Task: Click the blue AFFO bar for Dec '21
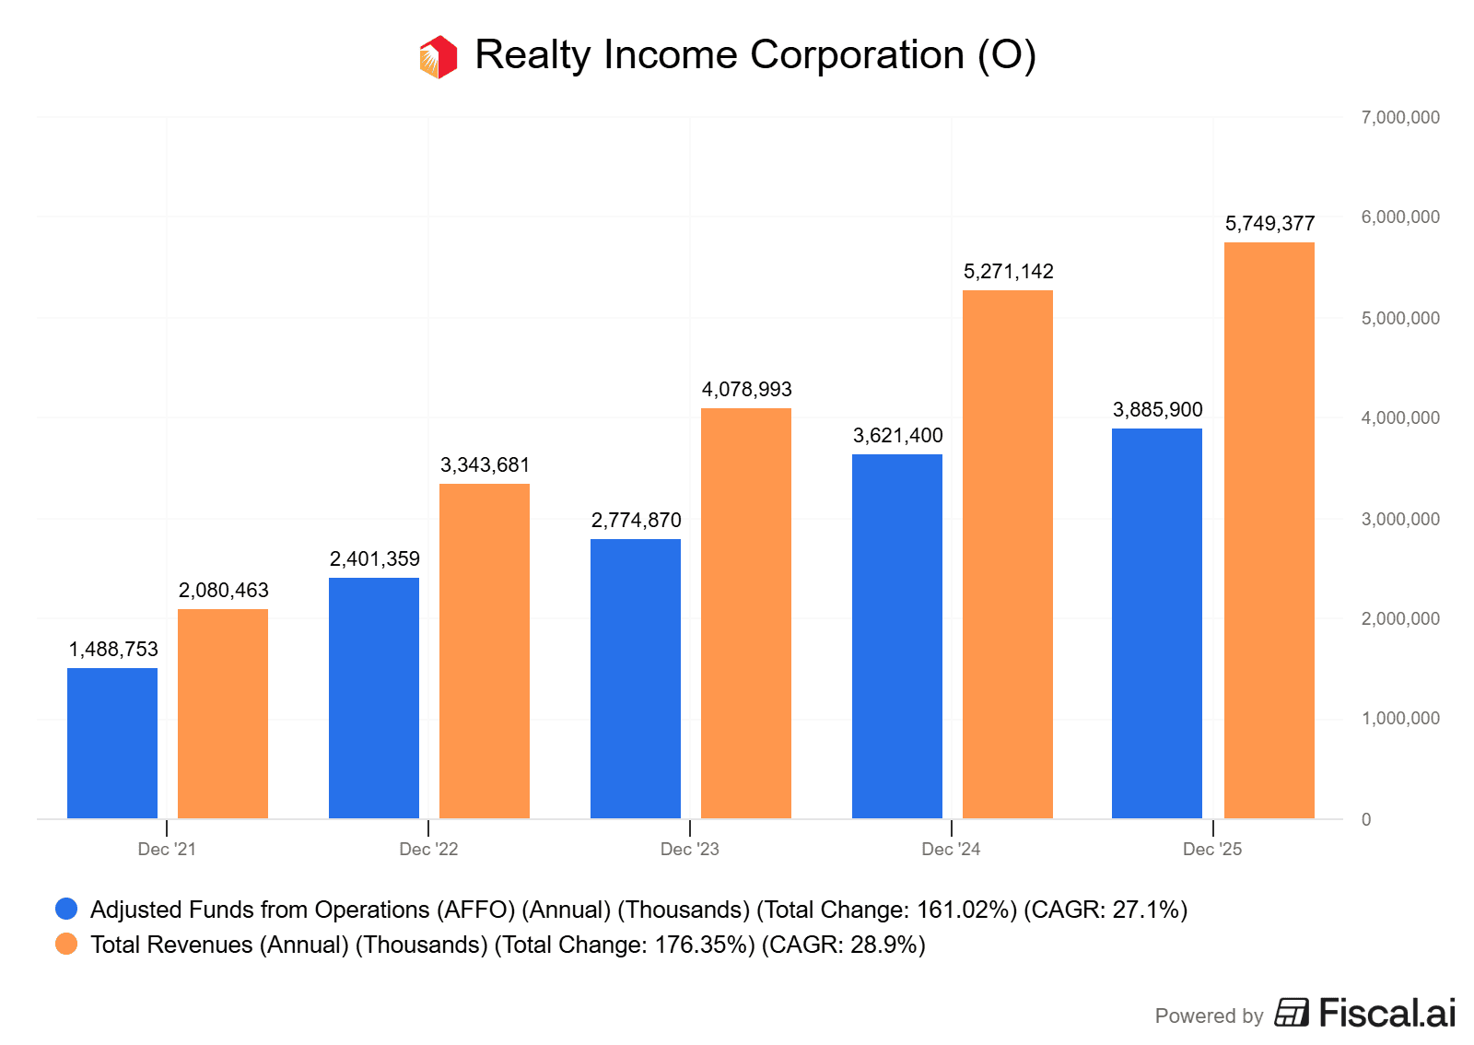point(112,743)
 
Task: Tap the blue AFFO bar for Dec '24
point(896,636)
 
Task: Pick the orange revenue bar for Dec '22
point(484,651)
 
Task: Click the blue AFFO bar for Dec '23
point(635,678)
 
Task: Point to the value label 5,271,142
point(1008,272)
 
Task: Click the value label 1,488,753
point(113,650)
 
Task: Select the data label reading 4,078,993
point(746,390)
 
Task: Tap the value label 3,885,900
point(1157,410)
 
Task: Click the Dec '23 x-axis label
point(689,850)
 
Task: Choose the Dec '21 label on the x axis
point(167,850)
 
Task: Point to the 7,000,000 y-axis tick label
point(1399,118)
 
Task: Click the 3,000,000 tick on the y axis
point(1399,520)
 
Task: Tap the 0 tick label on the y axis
point(1366,820)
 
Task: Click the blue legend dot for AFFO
point(66,910)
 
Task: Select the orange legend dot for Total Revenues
point(66,945)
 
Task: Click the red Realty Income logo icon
point(439,57)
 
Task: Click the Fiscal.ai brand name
point(1386,1014)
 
